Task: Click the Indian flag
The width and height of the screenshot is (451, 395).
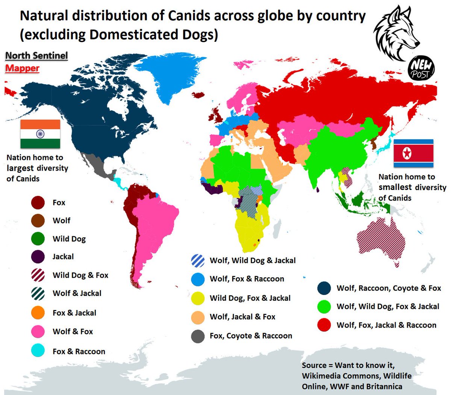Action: point(40,134)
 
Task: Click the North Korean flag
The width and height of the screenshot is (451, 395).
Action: point(413,153)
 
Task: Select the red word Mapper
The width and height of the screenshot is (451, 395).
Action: point(22,68)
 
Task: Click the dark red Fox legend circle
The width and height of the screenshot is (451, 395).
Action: point(38,202)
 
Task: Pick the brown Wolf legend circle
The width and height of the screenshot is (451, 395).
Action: point(38,220)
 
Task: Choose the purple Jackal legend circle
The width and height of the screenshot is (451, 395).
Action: point(38,257)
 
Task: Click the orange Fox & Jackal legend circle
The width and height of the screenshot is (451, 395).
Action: point(38,313)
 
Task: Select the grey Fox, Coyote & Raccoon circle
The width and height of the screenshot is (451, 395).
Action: point(198,336)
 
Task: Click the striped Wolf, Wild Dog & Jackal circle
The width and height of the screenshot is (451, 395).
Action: point(198,260)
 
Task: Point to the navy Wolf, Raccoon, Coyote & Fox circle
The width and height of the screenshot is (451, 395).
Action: point(324,288)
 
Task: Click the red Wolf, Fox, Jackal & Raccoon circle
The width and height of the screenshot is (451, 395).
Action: point(324,325)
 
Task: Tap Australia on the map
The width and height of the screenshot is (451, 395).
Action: point(380,241)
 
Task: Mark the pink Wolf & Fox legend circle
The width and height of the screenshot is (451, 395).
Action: point(38,331)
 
